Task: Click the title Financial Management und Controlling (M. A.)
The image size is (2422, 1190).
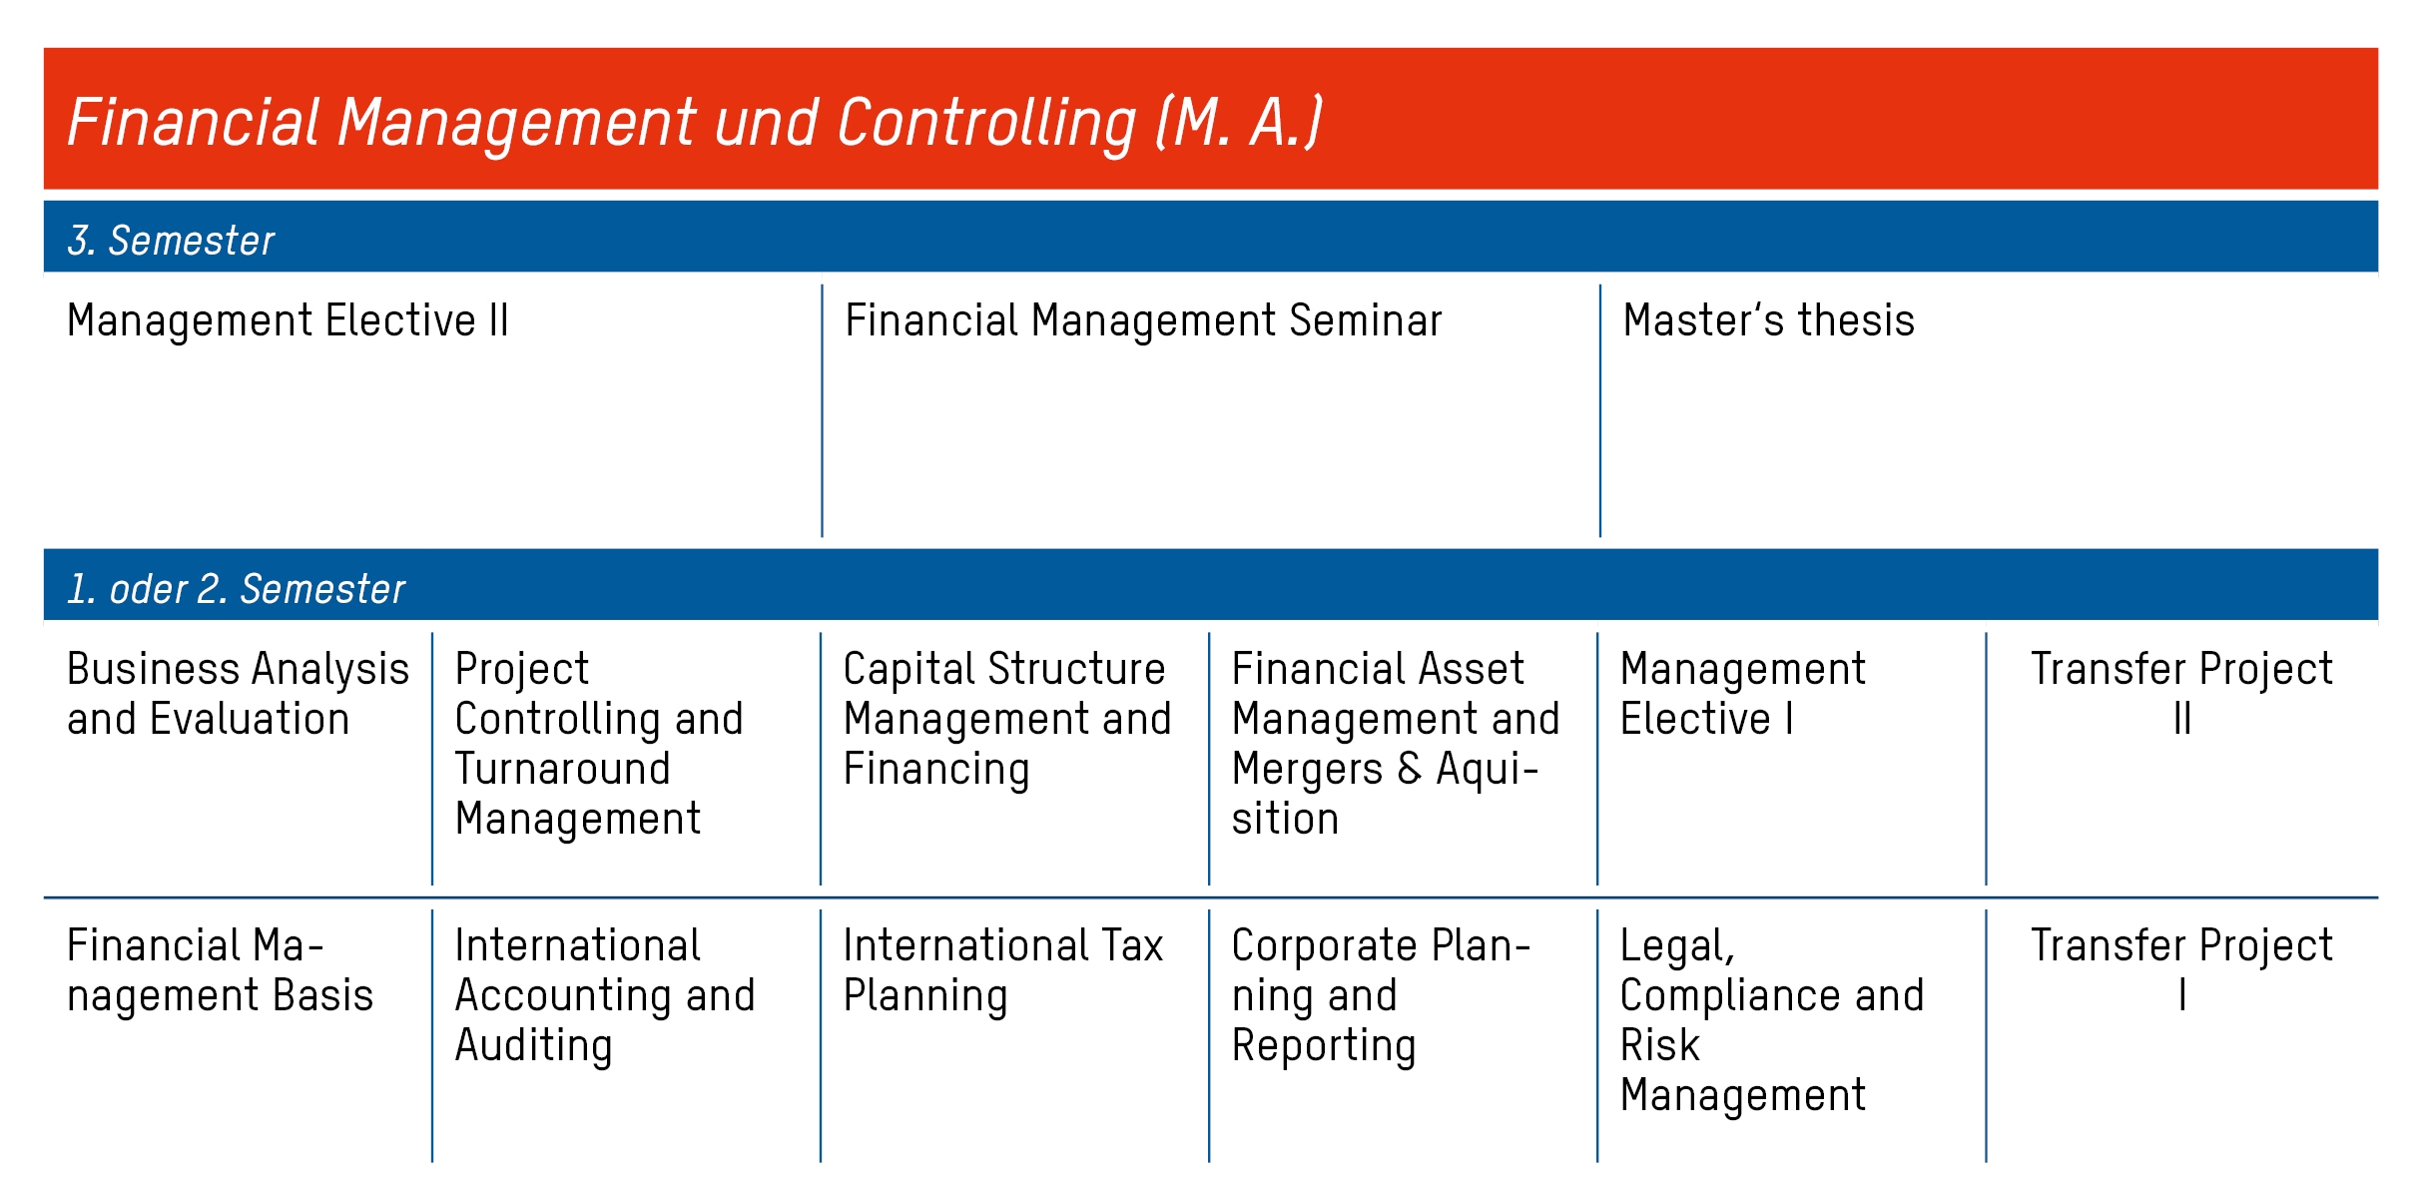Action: pos(695,123)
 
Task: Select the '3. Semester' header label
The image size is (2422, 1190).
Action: pos(171,241)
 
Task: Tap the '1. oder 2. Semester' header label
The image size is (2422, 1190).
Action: pos(237,589)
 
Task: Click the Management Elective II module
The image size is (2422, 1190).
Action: pos(288,320)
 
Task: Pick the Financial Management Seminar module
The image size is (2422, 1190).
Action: pos(1143,320)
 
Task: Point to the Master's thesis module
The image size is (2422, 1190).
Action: pos(1768,320)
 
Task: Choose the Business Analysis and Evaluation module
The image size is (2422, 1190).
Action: pos(238,694)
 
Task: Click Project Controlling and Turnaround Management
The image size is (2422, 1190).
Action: pos(599,744)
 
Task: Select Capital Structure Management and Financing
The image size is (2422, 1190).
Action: pos(1007,719)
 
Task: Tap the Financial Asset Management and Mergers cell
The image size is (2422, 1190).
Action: pos(1396,744)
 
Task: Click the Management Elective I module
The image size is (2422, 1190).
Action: pos(1742,694)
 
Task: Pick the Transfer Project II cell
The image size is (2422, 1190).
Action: pos(2181,694)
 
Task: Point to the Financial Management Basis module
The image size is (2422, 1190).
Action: pos(220,970)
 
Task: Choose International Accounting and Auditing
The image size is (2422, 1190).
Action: pos(605,995)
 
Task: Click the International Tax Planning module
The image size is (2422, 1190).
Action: pos(1003,970)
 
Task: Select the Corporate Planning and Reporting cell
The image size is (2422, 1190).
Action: pos(1381,995)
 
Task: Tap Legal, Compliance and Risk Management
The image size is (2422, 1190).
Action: pos(1772,1020)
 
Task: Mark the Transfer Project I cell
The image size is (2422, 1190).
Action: pos(2181,970)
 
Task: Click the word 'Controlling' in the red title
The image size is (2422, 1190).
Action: pos(986,123)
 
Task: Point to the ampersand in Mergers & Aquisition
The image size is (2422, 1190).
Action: pos(1410,769)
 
